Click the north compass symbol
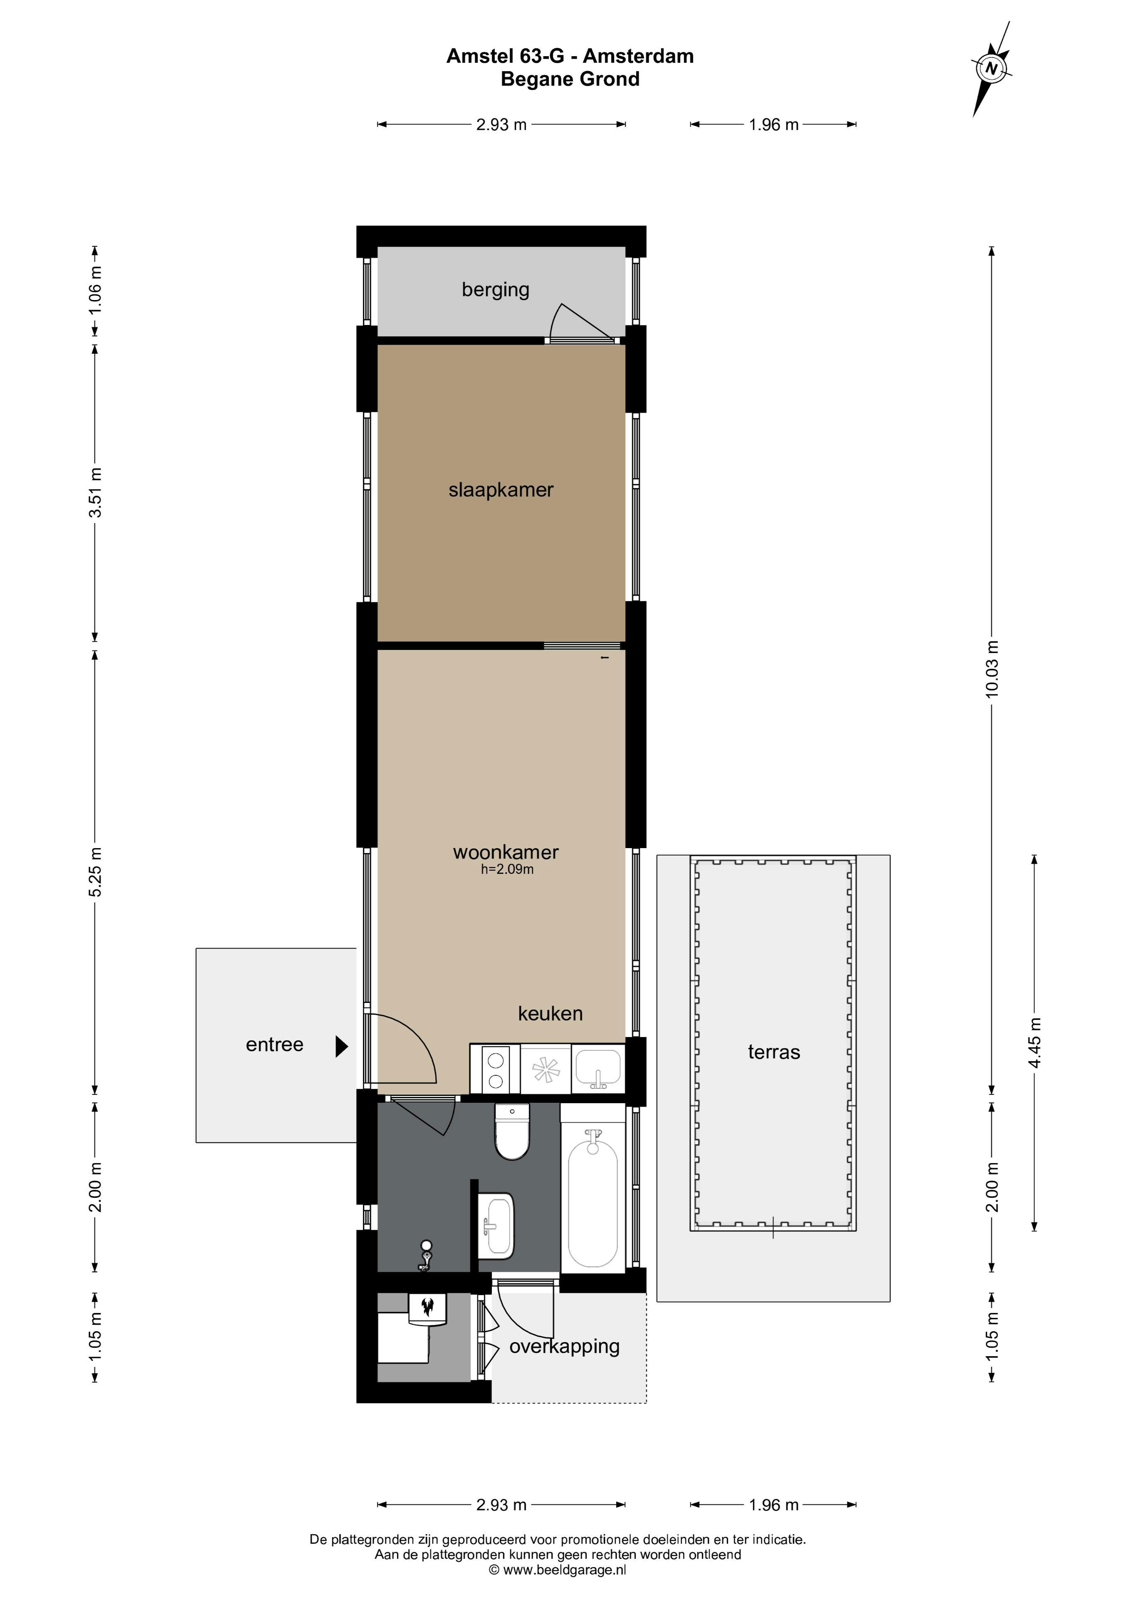991,69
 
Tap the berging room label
495,290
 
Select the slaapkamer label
501,490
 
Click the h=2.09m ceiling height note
507,869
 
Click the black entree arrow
341,1046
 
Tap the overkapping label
564,1347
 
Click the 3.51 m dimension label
95,493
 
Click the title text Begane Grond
570,79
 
